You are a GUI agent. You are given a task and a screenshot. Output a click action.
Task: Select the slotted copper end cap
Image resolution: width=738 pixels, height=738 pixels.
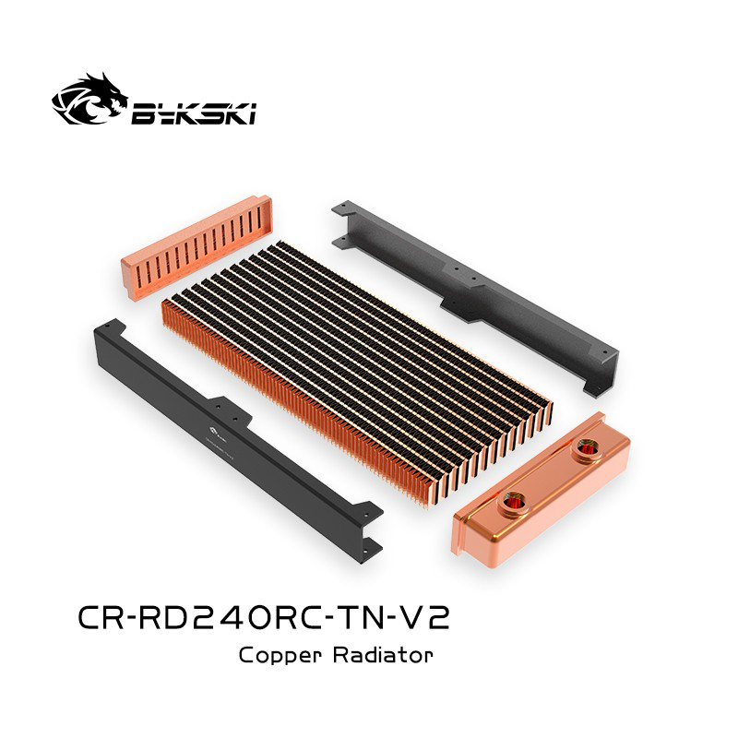(x=181, y=262)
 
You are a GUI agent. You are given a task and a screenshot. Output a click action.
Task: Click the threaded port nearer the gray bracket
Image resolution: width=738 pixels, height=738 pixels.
(x=587, y=450)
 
